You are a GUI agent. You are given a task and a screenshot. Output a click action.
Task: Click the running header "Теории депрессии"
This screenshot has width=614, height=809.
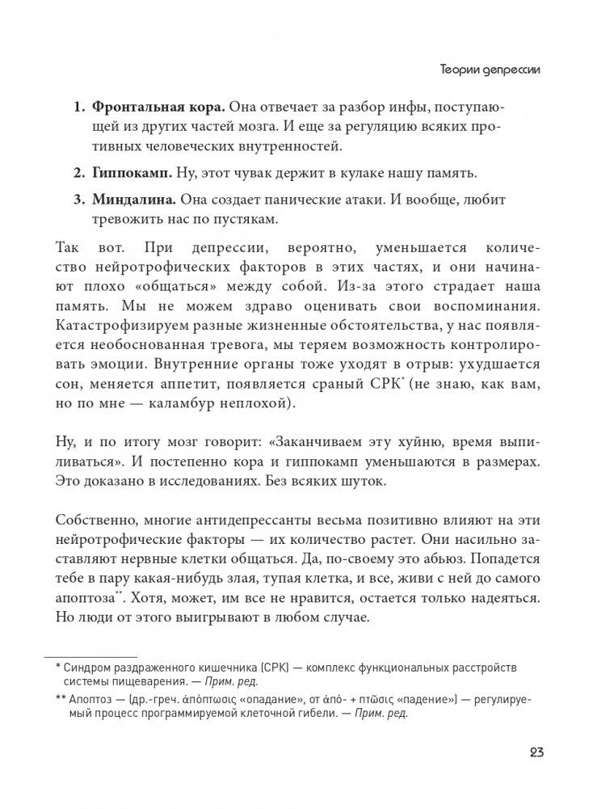click(485, 70)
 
